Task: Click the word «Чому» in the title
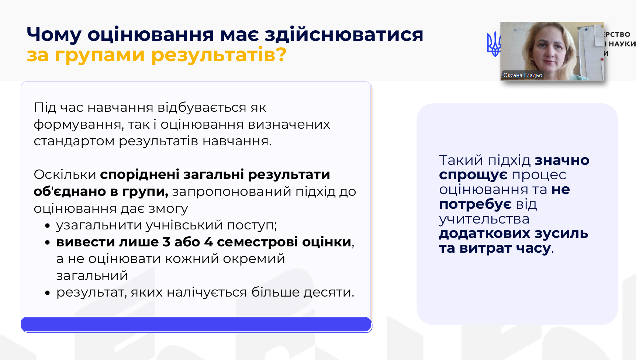click(x=54, y=35)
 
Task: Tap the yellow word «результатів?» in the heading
click(x=219, y=55)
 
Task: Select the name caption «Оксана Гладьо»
click(x=523, y=75)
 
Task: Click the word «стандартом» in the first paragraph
click(x=74, y=141)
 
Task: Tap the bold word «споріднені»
click(x=140, y=175)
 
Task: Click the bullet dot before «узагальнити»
click(x=47, y=226)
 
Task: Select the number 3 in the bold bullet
click(x=166, y=242)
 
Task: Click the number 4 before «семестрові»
click(x=208, y=242)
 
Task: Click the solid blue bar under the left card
click(x=196, y=324)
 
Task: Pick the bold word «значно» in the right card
click(x=562, y=160)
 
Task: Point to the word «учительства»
click(x=484, y=219)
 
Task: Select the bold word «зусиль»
click(x=561, y=233)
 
